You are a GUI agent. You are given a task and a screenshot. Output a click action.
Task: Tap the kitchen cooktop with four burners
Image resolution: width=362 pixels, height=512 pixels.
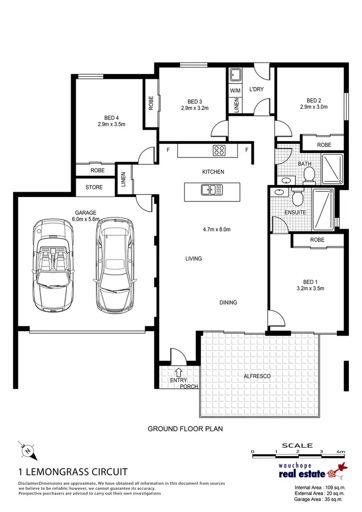(x=219, y=150)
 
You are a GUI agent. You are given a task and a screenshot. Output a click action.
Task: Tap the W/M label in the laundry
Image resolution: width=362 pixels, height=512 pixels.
(x=235, y=90)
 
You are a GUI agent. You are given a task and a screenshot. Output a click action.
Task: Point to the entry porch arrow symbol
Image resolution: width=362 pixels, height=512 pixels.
(x=179, y=372)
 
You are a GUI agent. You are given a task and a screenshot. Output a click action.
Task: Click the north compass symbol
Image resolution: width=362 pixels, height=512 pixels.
(x=29, y=452)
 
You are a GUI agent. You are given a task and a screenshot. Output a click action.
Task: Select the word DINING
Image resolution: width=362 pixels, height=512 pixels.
(x=228, y=303)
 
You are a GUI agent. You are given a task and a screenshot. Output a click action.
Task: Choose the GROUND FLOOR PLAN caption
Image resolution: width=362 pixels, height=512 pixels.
(x=185, y=428)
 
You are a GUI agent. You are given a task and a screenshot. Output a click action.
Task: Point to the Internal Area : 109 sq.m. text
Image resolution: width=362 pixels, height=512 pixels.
(x=320, y=487)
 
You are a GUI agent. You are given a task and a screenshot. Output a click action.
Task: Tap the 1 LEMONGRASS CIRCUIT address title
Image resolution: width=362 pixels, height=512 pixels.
(x=73, y=471)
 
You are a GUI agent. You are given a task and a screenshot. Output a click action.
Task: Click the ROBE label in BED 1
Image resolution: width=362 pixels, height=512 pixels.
(x=317, y=240)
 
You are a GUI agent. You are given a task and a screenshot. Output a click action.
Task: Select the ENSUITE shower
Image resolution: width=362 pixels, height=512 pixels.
(x=323, y=209)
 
